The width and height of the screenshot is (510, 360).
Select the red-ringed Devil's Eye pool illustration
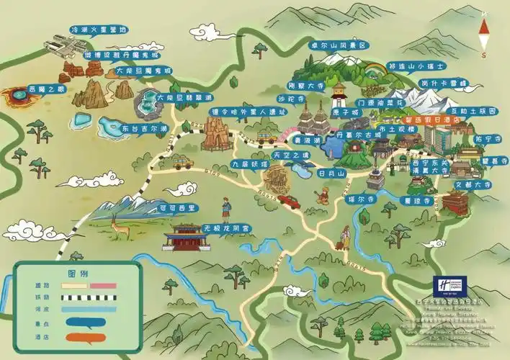click(x=18, y=98)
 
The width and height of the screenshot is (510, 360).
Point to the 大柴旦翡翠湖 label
click(x=170, y=97)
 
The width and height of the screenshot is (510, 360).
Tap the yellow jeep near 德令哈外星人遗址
click(x=183, y=163)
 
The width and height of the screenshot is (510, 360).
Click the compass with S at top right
click(x=484, y=32)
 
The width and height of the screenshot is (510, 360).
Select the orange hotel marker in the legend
click(x=89, y=337)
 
